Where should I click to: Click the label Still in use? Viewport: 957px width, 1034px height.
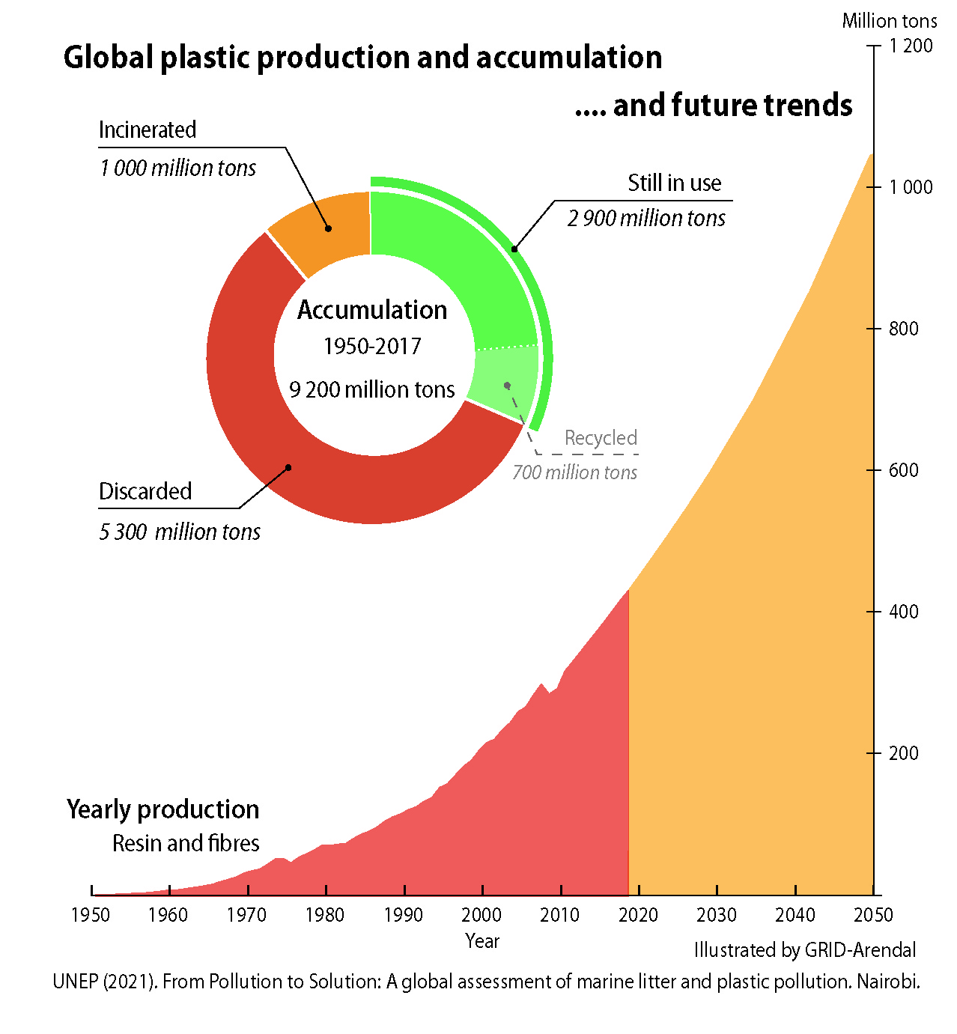tap(674, 183)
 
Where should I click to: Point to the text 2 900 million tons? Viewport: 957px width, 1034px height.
tap(646, 219)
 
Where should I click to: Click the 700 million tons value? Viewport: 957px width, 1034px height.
tap(574, 472)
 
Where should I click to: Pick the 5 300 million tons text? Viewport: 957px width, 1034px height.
tap(180, 532)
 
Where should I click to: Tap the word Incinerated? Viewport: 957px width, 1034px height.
tap(148, 130)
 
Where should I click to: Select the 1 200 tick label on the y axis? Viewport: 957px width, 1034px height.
tap(911, 46)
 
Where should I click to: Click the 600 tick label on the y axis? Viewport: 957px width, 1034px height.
tap(903, 470)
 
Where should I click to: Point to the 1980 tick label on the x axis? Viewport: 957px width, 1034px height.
tap(325, 915)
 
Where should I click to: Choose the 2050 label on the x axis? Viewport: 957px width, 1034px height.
tap(873, 915)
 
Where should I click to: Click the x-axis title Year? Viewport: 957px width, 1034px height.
tap(481, 941)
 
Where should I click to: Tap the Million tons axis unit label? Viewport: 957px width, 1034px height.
tap(889, 21)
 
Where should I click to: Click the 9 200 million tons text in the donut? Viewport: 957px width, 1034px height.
tap(372, 390)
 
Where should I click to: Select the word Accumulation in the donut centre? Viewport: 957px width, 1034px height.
tap(372, 310)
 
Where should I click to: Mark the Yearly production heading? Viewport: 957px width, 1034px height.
tap(162, 809)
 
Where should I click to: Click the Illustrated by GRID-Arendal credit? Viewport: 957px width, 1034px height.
tap(805, 950)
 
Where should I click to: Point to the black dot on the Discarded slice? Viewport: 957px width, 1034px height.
tap(288, 467)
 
